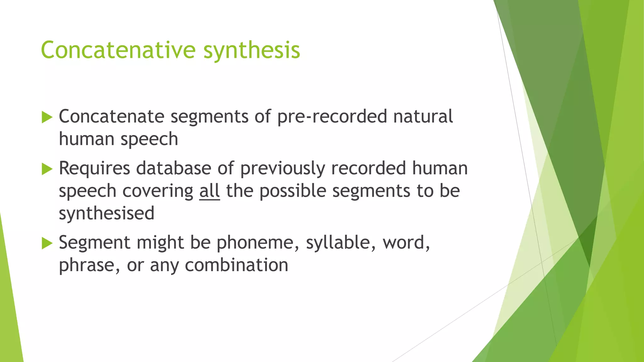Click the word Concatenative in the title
pos(118,50)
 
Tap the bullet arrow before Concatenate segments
pos(47,117)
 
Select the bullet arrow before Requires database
pos(47,169)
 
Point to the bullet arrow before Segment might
pos(47,243)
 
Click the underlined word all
pos(209,191)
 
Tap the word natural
pos(423,116)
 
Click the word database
pos(174,168)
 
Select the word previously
pos(282,169)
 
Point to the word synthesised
pos(107,214)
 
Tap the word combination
pos(236,265)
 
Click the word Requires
pos(94,169)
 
